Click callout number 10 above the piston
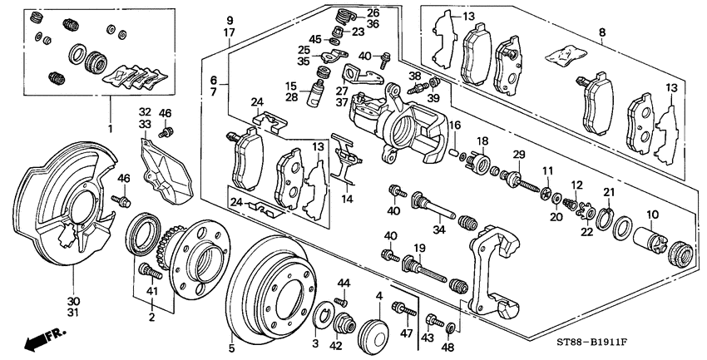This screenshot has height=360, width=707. [652, 215]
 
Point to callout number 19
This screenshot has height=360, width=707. [419, 248]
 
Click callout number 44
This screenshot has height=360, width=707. [344, 284]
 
